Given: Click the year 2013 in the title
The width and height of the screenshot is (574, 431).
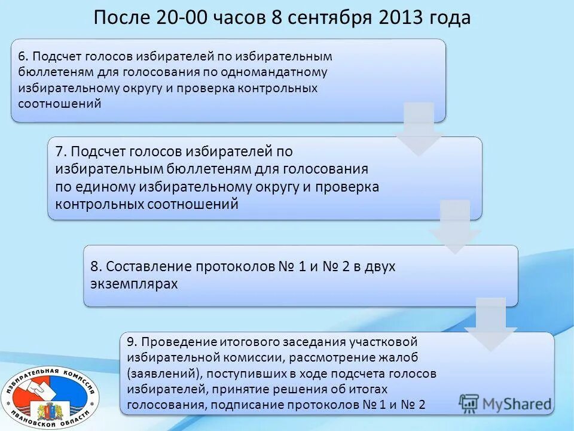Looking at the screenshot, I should (x=399, y=18).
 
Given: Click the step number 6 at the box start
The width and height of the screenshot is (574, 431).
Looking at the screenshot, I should (x=22, y=56).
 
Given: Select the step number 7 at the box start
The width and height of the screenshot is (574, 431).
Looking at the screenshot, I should (x=60, y=151).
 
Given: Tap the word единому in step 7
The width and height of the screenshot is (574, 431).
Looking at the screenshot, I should (x=104, y=187).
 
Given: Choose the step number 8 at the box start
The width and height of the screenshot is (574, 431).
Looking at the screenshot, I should (x=94, y=266).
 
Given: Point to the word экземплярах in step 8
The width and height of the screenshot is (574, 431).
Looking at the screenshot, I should (x=134, y=284).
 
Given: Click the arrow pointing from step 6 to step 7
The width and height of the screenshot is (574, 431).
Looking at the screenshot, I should (x=419, y=128).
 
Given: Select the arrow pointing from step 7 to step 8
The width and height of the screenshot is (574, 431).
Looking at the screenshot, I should (x=454, y=226).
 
